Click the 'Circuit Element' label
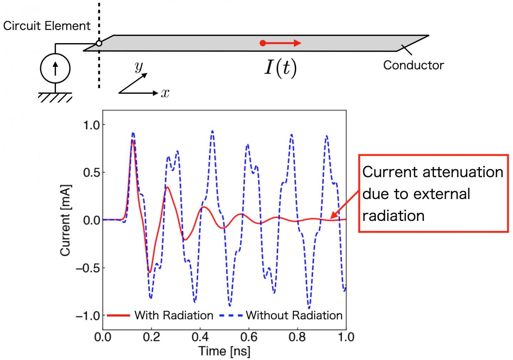[47, 26]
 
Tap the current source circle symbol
[55, 68]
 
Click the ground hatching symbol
[55, 97]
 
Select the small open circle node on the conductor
[99, 43]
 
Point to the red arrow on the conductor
[281, 43]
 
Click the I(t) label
[280, 68]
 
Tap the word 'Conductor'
[413, 65]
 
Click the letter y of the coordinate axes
[139, 66]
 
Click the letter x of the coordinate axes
[165, 93]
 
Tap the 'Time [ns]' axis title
[224, 351]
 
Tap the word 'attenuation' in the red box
[462, 172]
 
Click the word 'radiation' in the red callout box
[393, 216]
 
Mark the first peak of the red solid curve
[133, 140]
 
